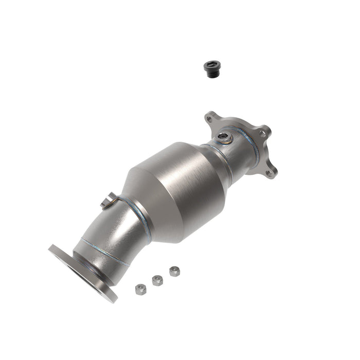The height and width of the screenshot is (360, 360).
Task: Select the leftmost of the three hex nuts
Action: point(140,289)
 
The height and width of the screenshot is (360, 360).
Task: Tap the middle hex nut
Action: point(157,280)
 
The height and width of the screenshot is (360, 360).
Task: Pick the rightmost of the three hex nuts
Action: point(174,271)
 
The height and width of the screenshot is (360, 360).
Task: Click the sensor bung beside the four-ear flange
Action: point(225,137)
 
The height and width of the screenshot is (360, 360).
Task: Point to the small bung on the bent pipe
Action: point(109,201)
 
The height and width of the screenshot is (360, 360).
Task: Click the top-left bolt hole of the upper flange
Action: point(209,119)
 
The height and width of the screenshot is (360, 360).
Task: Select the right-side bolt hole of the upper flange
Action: point(263,133)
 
